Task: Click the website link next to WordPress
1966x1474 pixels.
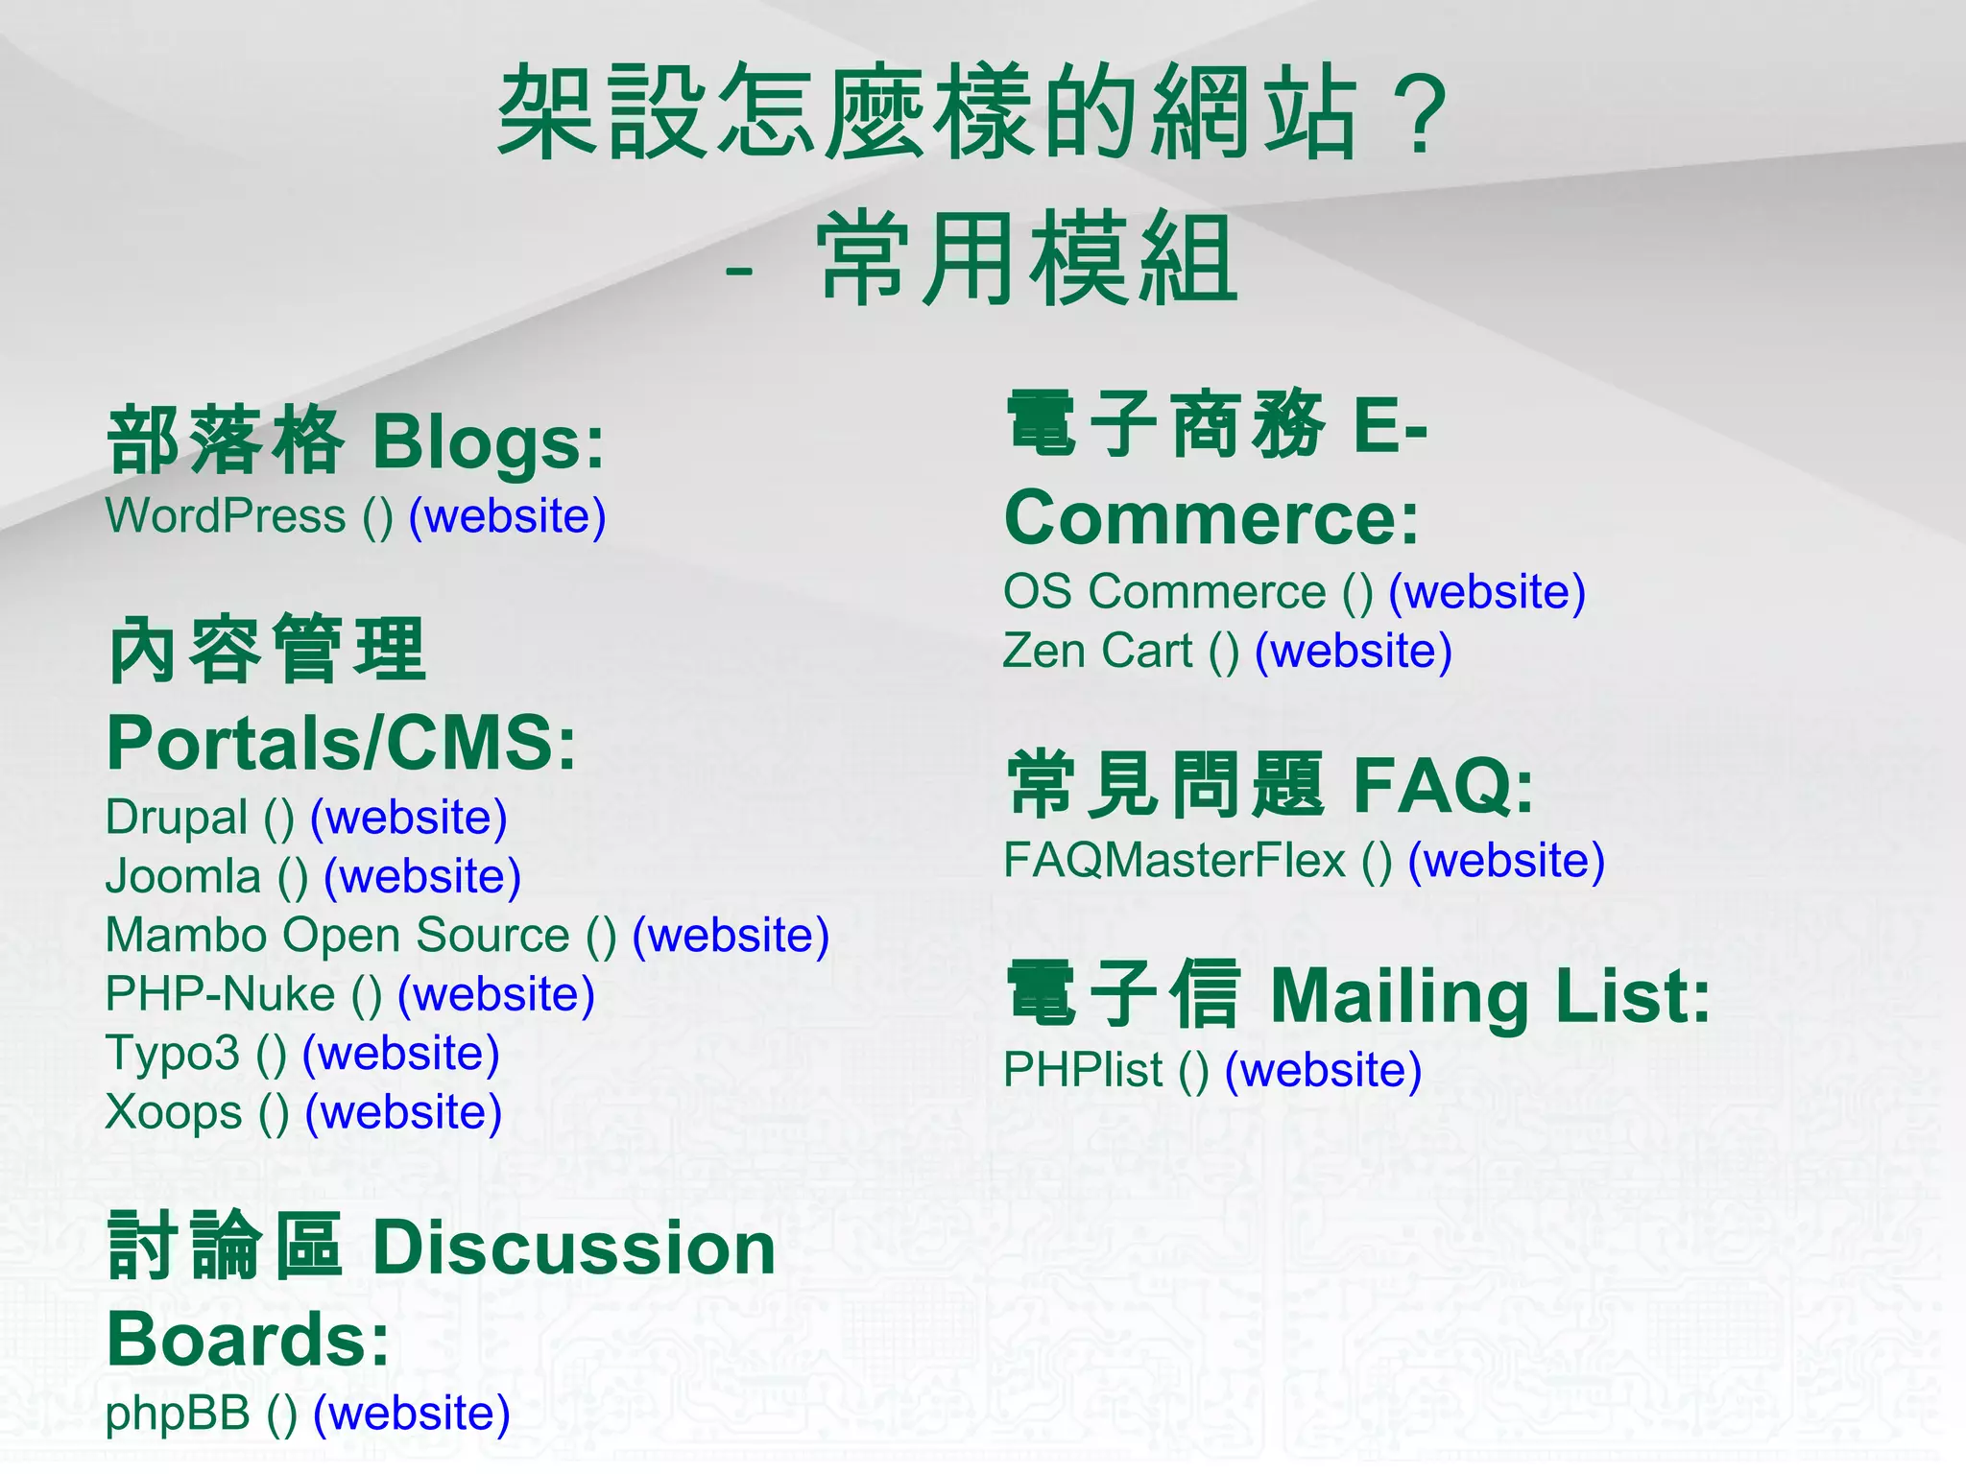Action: tap(507, 516)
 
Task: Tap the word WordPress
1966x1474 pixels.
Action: tap(225, 516)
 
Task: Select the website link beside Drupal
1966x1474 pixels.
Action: tap(408, 818)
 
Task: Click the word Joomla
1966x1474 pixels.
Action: tap(182, 877)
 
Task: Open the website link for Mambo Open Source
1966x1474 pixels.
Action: tap(731, 936)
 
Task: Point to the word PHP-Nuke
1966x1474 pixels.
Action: tap(220, 994)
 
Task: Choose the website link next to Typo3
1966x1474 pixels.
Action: tap(400, 1054)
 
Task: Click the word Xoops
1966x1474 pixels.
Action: tap(174, 1113)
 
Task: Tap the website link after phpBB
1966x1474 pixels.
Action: tap(412, 1414)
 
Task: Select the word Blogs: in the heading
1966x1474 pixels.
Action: tap(489, 443)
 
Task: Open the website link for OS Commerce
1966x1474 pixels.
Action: tap(1487, 592)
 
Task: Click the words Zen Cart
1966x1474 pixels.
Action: tap(1097, 652)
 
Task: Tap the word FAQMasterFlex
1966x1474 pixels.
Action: tap(1174, 861)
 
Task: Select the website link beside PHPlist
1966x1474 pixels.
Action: tap(1323, 1070)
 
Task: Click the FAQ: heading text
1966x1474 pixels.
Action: tap(1443, 786)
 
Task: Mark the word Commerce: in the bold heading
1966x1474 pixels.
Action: tap(1211, 518)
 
